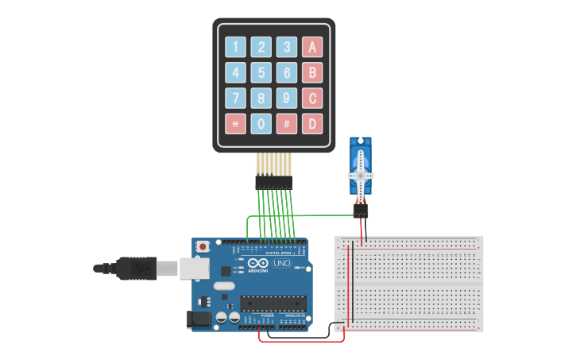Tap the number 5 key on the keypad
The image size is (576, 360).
(261, 73)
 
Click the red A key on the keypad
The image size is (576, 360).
(312, 47)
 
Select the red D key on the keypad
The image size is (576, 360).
(312, 123)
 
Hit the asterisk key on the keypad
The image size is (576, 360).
(235, 123)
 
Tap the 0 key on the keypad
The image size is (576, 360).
(261, 123)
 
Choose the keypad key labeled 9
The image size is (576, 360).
(286, 98)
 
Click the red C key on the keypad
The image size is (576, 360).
(312, 98)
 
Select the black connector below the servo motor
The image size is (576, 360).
(361, 211)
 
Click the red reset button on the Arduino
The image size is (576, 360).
(203, 247)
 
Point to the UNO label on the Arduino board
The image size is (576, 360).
(282, 263)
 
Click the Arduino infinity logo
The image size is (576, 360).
(258, 263)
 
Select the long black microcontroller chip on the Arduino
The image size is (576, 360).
(273, 303)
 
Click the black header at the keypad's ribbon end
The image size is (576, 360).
(273, 183)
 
